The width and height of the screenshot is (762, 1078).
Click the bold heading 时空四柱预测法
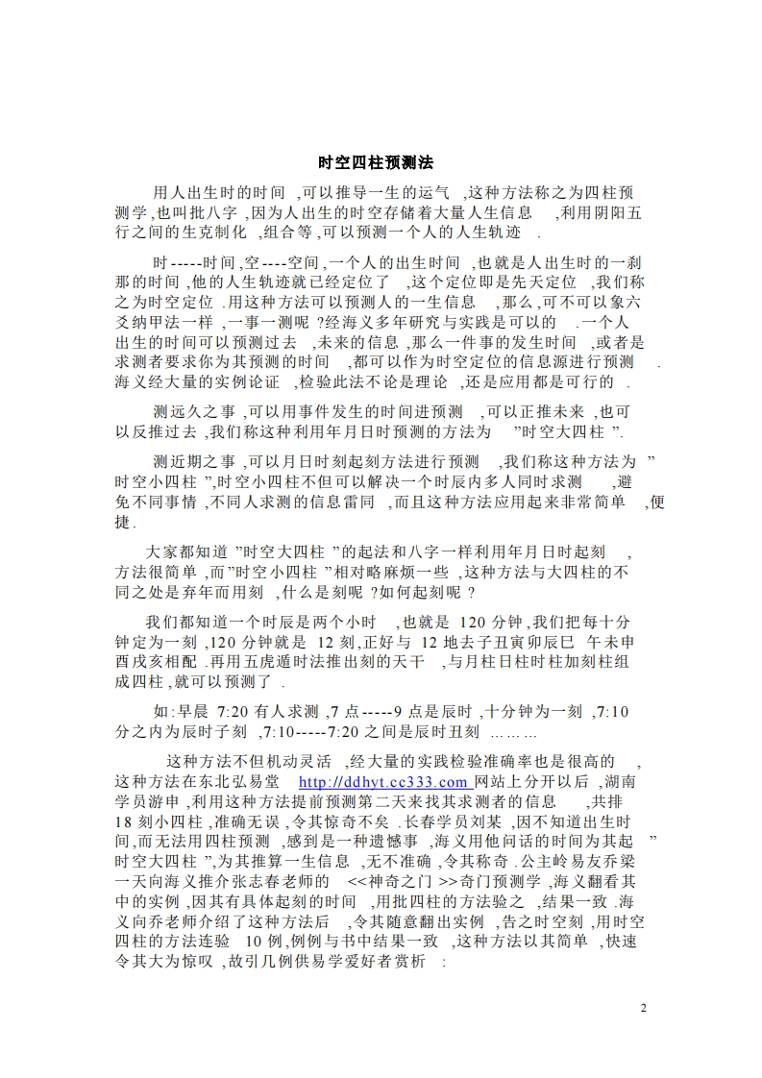point(376,163)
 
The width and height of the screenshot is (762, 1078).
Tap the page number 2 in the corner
point(644,1009)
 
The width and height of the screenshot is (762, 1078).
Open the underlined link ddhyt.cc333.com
point(384,783)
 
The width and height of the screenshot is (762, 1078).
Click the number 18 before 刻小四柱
point(122,824)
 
